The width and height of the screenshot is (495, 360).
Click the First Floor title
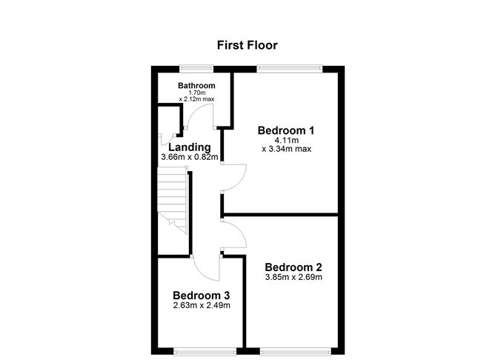click(247, 45)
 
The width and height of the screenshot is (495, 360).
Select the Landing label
click(190, 147)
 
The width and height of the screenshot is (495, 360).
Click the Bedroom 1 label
click(286, 131)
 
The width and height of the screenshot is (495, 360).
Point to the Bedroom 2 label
click(293, 267)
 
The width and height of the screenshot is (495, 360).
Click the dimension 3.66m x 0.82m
click(190, 158)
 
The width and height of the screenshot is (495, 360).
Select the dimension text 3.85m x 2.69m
click(293, 278)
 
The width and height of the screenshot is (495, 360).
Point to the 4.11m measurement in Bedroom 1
click(286, 141)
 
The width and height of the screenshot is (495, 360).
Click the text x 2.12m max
click(197, 99)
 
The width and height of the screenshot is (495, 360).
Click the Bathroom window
click(196, 69)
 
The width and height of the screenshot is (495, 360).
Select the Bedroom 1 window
click(289, 69)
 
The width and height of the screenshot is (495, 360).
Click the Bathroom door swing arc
click(198, 119)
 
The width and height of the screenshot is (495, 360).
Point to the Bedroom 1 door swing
click(236, 175)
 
